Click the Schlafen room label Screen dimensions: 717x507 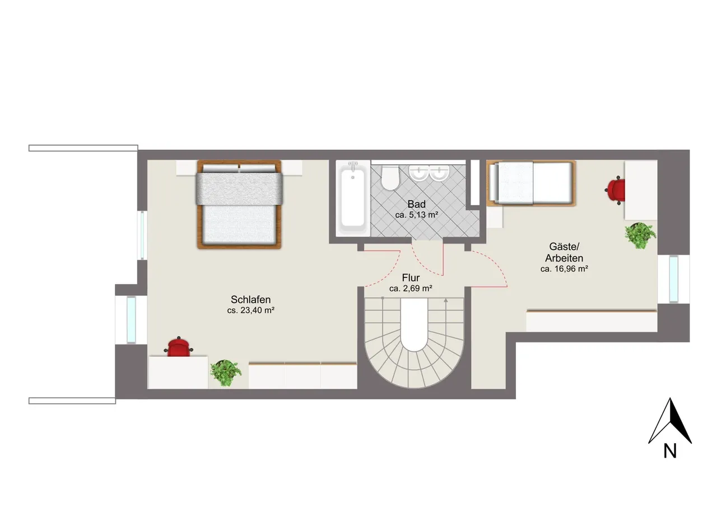[x=250, y=300]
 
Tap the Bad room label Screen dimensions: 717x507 [x=416, y=204]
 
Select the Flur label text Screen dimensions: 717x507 [x=411, y=277]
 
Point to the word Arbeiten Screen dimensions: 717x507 [x=564, y=258]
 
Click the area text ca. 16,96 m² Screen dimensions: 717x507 [x=564, y=269]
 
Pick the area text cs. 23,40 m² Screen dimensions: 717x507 [x=250, y=310]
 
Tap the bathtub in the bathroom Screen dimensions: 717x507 [x=353, y=198]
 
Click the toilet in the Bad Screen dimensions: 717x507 [x=390, y=178]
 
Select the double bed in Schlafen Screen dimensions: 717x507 [x=239, y=204]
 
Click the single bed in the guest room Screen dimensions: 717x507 [x=532, y=183]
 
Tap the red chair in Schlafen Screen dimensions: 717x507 [x=179, y=347]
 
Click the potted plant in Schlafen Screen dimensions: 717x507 [x=226, y=373]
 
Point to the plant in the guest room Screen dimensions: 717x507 [x=640, y=236]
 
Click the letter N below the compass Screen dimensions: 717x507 [x=670, y=452]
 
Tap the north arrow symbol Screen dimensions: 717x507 [x=670, y=421]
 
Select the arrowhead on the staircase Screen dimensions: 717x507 [x=445, y=300]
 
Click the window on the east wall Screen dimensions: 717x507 [x=673, y=279]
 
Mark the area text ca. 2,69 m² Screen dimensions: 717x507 [x=411, y=289]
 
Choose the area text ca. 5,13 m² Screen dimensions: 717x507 [x=416, y=215]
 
